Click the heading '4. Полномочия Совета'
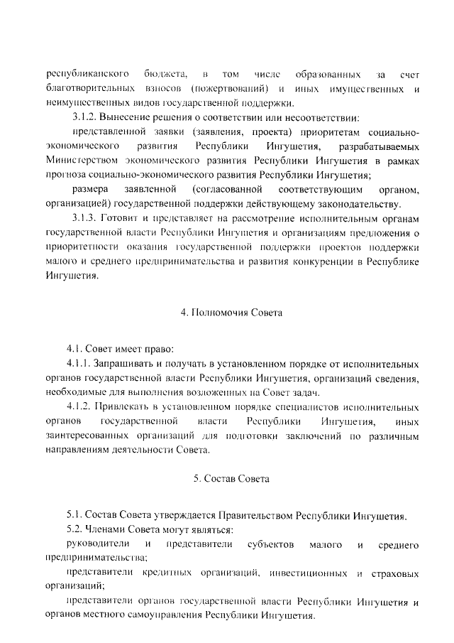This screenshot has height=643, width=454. [x=227, y=313]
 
